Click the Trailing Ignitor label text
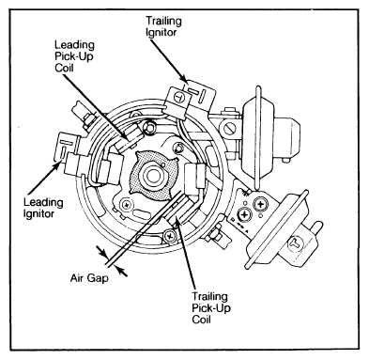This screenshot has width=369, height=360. point(163,26)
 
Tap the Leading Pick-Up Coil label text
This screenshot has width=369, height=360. point(74,56)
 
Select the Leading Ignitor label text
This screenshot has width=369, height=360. point(43,208)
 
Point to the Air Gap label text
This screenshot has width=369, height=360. point(89,278)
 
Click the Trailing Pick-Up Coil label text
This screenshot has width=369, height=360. point(211,308)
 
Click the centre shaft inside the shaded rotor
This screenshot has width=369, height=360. point(152,176)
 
